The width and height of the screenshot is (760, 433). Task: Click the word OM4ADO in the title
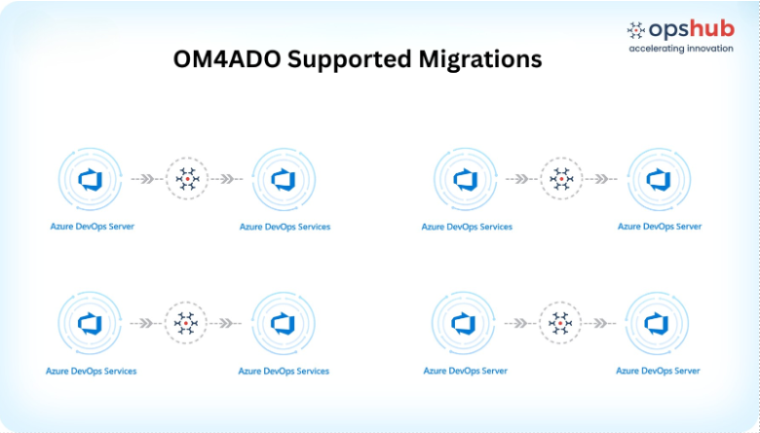pyautogui.click(x=226, y=59)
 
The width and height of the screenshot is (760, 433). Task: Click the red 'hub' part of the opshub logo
pyautogui.click(x=711, y=29)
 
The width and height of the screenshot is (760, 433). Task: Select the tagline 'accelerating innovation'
pyautogui.click(x=681, y=49)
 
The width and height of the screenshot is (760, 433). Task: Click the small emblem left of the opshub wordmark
pyautogui.click(x=636, y=30)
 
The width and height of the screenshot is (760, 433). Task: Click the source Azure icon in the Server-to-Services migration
pyautogui.click(x=91, y=179)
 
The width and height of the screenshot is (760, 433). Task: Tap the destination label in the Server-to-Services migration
pyautogui.click(x=285, y=227)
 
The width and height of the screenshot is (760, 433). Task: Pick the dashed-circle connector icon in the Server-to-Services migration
pyautogui.click(x=187, y=178)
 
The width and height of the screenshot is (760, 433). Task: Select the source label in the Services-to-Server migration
pyautogui.click(x=467, y=227)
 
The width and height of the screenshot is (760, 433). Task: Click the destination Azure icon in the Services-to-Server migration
pyautogui.click(x=659, y=179)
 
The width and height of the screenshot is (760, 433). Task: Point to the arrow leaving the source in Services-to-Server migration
pyautogui.click(x=521, y=179)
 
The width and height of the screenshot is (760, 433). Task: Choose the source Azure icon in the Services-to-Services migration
pyautogui.click(x=90, y=323)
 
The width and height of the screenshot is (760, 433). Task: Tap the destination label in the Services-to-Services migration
pyautogui.click(x=284, y=371)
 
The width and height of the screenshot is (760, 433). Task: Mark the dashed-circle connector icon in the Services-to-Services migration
pyautogui.click(x=186, y=323)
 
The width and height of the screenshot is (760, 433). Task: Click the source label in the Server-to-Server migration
pyautogui.click(x=466, y=371)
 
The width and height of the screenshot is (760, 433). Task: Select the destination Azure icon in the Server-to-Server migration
pyautogui.click(x=658, y=323)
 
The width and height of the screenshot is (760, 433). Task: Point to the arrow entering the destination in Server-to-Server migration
pyautogui.click(x=600, y=323)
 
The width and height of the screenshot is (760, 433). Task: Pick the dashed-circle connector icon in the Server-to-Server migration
pyautogui.click(x=560, y=323)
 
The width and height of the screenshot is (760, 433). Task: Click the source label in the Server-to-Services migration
pyautogui.click(x=93, y=227)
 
